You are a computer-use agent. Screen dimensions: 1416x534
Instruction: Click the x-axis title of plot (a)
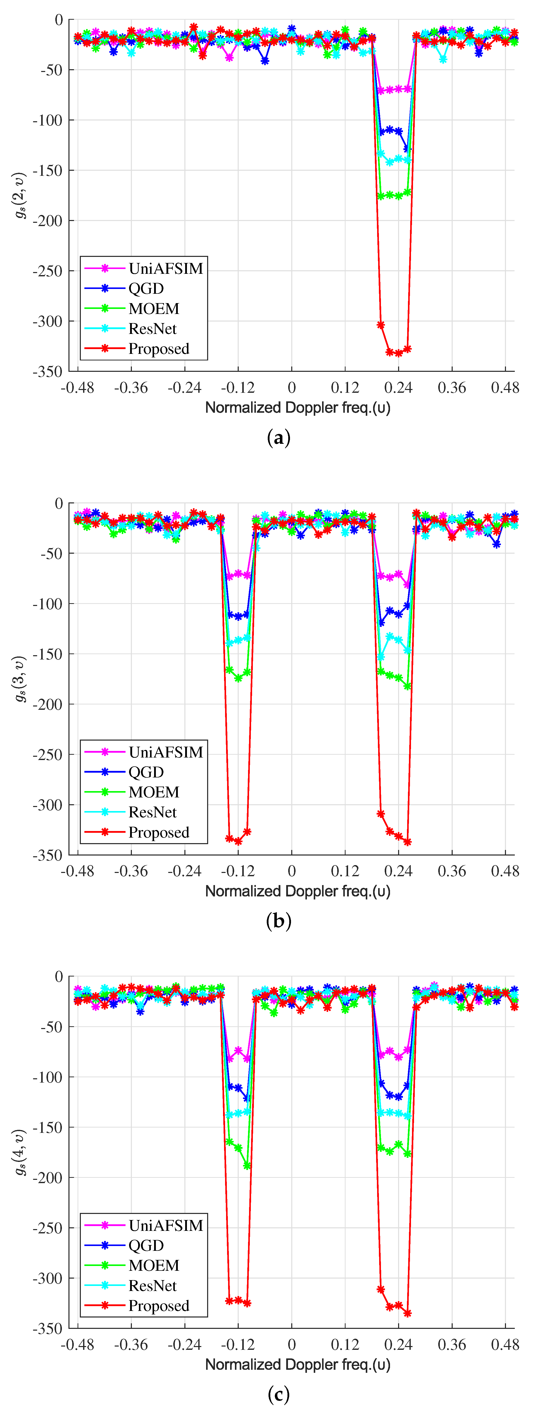pyautogui.click(x=298, y=408)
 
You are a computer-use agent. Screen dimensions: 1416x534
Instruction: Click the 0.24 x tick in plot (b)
pyautogui.click(x=398, y=871)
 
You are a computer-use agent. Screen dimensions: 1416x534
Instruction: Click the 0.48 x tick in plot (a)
pyautogui.click(x=505, y=388)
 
